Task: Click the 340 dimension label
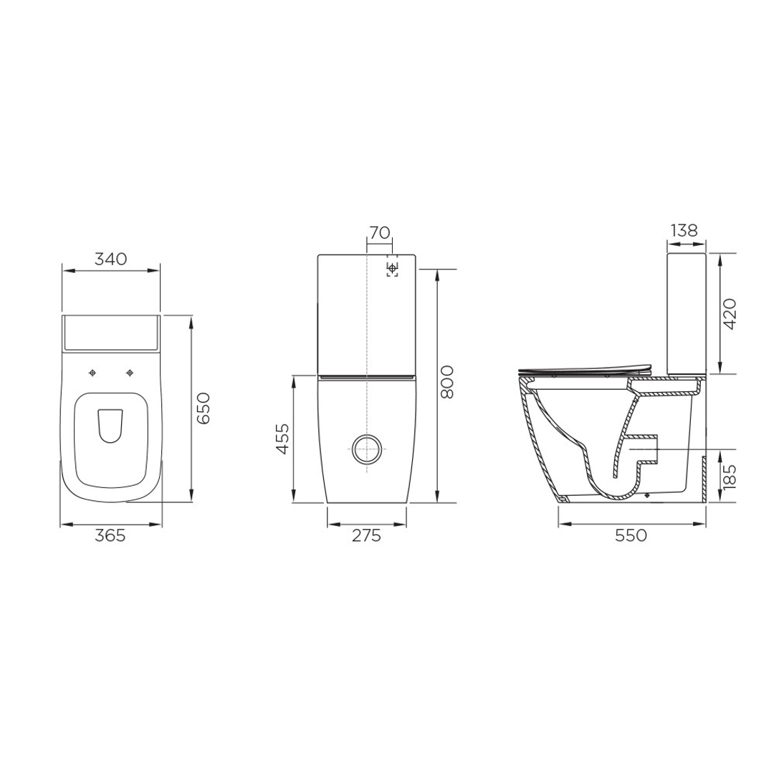(110, 259)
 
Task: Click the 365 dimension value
(110, 535)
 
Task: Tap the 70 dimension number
(380, 233)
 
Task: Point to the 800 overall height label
(446, 382)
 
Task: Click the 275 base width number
(367, 535)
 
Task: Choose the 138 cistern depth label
(684, 231)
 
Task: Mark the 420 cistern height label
(730, 313)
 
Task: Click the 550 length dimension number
(631, 535)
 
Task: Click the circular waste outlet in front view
(367, 449)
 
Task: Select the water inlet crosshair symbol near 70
(392, 268)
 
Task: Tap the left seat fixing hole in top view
(92, 373)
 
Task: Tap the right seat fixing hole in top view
(130, 373)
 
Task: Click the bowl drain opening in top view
(110, 425)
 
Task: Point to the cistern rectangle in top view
(110, 332)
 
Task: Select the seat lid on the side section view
(584, 370)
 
